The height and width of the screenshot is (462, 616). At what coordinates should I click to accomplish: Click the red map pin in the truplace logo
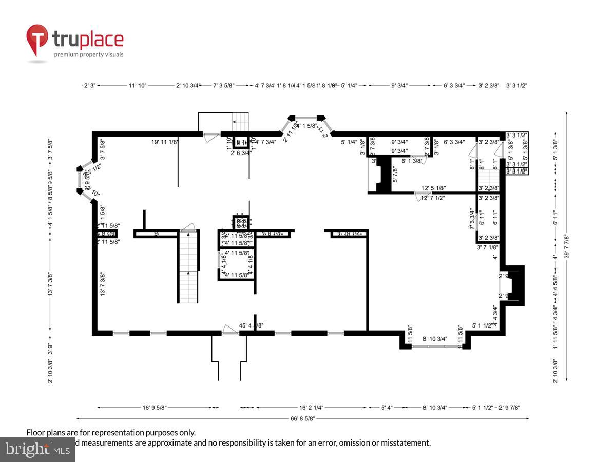click(x=37, y=39)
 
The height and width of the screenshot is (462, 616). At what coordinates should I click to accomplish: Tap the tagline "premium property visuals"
click(x=89, y=54)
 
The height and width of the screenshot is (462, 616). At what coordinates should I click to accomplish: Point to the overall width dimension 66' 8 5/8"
click(x=302, y=418)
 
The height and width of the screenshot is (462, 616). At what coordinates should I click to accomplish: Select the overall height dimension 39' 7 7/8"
click(x=567, y=246)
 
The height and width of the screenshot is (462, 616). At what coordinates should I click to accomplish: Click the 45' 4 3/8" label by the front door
click(x=252, y=325)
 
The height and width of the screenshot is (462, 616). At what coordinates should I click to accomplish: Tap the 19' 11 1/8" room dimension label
click(x=165, y=142)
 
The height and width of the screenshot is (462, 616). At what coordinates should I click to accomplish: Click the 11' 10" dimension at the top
click(x=138, y=86)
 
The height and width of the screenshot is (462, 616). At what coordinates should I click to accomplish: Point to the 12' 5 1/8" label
click(x=434, y=188)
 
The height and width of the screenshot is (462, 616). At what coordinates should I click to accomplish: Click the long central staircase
click(x=188, y=267)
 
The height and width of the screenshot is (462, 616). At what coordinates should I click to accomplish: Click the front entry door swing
click(x=229, y=329)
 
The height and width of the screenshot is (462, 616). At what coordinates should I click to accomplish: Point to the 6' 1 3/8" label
click(x=412, y=161)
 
